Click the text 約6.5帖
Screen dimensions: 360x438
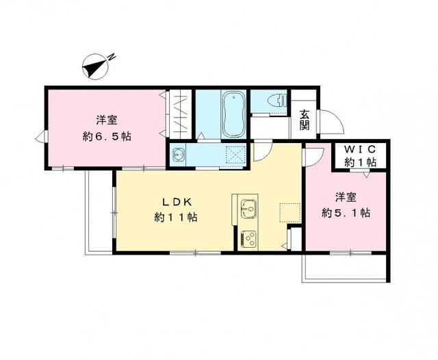point(106,136)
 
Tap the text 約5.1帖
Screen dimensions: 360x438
point(345,214)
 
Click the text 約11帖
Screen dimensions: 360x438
point(175,218)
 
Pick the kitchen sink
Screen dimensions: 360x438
point(247,206)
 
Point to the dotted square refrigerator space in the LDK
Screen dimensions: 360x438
point(286,214)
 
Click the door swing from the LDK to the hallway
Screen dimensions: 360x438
point(263,152)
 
